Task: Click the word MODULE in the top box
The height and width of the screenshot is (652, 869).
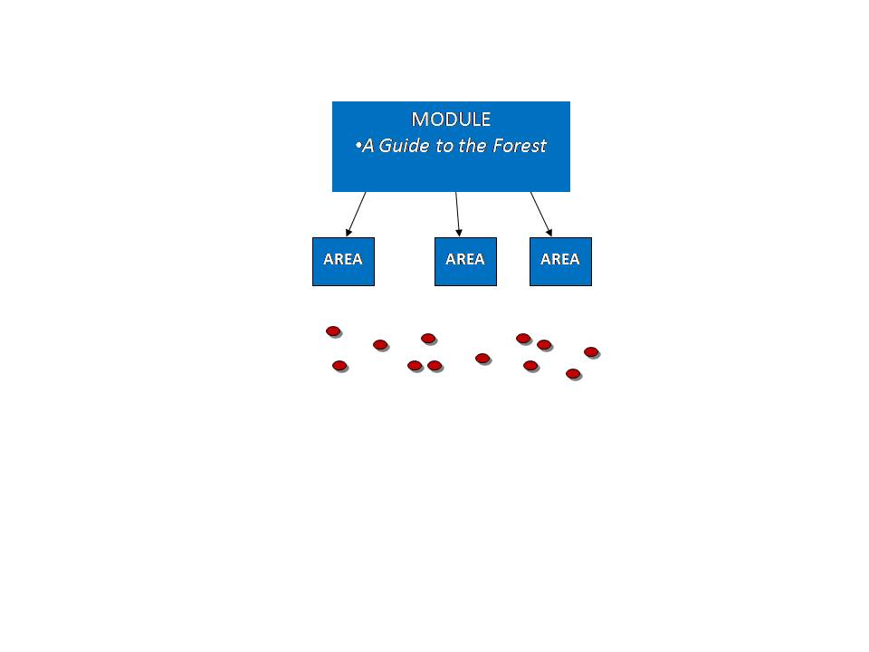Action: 451,120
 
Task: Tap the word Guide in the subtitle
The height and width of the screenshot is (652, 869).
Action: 404,145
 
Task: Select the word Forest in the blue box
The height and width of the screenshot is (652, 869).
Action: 520,145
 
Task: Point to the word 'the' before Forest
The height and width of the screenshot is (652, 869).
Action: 473,145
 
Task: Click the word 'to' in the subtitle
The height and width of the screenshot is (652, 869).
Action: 444,146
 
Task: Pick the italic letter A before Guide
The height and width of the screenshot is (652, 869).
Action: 368,146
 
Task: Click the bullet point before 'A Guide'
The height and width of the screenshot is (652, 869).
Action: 358,146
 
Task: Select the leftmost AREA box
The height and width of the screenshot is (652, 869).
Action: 344,262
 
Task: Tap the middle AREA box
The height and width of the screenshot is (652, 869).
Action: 465,262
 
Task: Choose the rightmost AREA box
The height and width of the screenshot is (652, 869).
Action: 561,262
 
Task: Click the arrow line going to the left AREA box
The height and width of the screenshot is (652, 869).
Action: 356,215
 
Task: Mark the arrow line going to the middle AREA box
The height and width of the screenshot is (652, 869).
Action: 458,215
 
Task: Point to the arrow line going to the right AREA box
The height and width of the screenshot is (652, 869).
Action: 541,215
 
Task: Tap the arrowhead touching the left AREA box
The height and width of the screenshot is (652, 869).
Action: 349,233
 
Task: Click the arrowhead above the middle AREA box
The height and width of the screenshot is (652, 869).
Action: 459,233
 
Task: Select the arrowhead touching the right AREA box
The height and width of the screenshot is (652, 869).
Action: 549,233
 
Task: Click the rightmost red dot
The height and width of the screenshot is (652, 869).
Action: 591,351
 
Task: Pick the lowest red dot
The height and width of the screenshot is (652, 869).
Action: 573,374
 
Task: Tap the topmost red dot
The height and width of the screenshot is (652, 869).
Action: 333,331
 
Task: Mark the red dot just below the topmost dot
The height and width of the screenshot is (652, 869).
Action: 339,365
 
